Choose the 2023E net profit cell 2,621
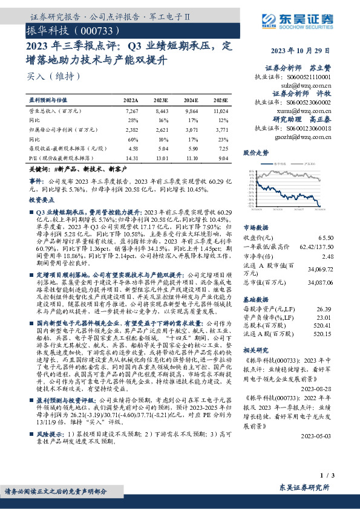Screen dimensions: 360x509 pos(162,129)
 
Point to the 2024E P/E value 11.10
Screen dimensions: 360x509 pos(192,158)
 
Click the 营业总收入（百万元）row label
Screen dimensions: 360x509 pos(55,111)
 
